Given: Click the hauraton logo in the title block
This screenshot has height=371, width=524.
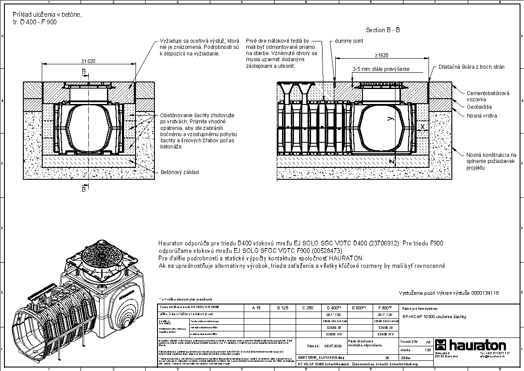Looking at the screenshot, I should coord(470,345).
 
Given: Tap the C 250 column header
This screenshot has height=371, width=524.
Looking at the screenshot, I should coord(308,308).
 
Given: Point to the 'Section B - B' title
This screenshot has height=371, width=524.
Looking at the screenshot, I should coord(382,30).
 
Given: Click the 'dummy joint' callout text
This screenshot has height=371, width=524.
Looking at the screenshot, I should coord(348,41).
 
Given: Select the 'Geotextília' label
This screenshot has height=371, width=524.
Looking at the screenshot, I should coord(479,107).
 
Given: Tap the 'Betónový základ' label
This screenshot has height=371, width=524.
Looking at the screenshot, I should coord(179,172).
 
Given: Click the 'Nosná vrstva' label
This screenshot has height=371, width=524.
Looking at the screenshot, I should coord(482,115).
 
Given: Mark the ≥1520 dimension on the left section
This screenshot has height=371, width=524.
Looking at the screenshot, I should coord(88,61).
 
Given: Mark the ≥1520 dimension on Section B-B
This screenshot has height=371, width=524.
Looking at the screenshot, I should coord(381,56).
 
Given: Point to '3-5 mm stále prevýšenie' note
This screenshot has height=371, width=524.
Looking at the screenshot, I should coord(381,69).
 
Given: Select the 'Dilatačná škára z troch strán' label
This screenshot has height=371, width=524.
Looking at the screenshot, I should coord(471,67).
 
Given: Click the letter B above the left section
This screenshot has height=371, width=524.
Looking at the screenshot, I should coord(84,71).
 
